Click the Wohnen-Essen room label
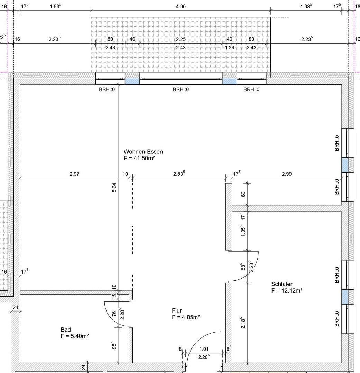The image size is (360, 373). coord(143,152)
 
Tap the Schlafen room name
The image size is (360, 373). coord(282,284)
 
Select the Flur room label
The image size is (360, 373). coord(177,310)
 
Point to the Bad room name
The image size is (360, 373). coord(66,329)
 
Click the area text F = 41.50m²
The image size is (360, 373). coord(139,158)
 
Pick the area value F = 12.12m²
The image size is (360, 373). coord(287,290)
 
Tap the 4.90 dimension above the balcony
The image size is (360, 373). coord(181,7)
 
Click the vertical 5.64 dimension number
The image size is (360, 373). coord(114,188)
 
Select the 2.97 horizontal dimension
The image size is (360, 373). coord(74,174)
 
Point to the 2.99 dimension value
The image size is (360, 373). coord(287,174)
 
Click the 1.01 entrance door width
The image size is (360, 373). coord(204,349)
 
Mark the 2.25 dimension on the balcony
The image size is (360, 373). coord(181,39)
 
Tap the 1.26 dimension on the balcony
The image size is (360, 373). coord(230,48)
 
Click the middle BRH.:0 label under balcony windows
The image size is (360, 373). coord(181,90)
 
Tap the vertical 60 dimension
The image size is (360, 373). coord(243,194)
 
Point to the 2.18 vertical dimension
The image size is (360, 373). coord(243,323)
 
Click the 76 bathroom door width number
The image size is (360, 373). coord(114,314)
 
